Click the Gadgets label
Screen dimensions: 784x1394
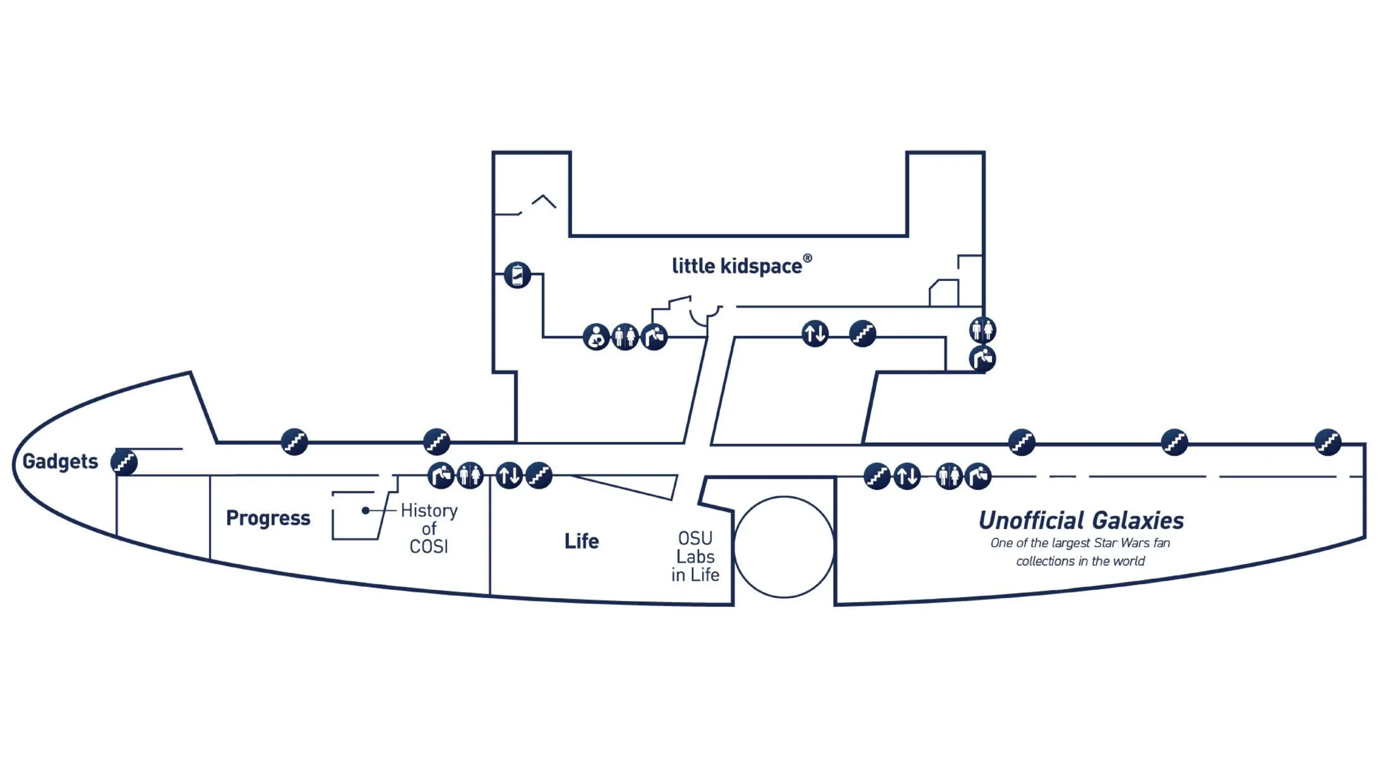(x=60, y=461)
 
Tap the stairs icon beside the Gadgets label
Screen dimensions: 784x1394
(x=124, y=462)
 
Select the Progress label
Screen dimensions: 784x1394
(x=268, y=518)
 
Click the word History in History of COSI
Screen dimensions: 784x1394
(x=429, y=511)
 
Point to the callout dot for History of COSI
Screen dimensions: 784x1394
(x=366, y=510)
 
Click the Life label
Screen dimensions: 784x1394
(x=582, y=541)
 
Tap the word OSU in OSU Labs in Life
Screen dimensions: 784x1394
(x=695, y=538)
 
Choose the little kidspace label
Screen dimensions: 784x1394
(x=737, y=266)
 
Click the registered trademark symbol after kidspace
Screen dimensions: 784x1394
(x=808, y=258)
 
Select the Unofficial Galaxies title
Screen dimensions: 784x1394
(x=1081, y=520)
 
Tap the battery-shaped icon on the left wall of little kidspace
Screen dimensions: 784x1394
(x=517, y=275)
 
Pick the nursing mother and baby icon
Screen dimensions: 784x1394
(x=596, y=337)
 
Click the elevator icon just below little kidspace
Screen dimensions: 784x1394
(x=815, y=333)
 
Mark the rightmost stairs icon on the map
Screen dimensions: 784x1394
(x=1328, y=442)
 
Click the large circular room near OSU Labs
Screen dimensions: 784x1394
(x=784, y=547)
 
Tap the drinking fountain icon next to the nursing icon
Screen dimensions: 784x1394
(x=655, y=337)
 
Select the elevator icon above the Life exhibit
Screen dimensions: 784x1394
(x=510, y=475)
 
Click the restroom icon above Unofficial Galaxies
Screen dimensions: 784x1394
(x=949, y=476)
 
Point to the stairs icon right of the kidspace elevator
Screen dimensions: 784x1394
(x=863, y=333)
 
